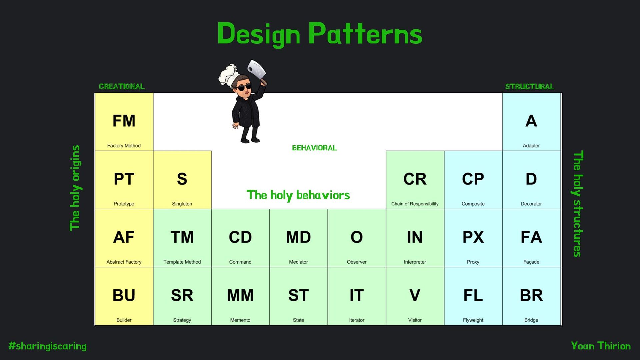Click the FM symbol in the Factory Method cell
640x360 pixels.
tap(124, 121)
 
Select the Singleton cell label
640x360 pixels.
tap(182, 204)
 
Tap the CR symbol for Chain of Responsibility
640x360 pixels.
tap(415, 179)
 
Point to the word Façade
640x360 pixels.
tap(531, 262)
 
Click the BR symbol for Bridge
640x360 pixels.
tap(531, 295)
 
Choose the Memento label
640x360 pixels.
tap(240, 320)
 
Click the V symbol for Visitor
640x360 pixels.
tap(415, 295)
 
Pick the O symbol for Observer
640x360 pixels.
tap(356, 237)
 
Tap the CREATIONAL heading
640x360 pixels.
tap(122, 86)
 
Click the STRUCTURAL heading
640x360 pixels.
tap(529, 86)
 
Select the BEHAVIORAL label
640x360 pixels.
tap(314, 148)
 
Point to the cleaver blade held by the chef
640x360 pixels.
tap(257, 69)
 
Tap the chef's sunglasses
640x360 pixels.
tap(244, 88)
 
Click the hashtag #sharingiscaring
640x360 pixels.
tap(47, 346)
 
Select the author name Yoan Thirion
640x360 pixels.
tap(601, 346)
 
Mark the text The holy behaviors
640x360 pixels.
tap(298, 195)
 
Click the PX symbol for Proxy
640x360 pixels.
tap(473, 237)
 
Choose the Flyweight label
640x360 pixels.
tap(473, 320)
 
